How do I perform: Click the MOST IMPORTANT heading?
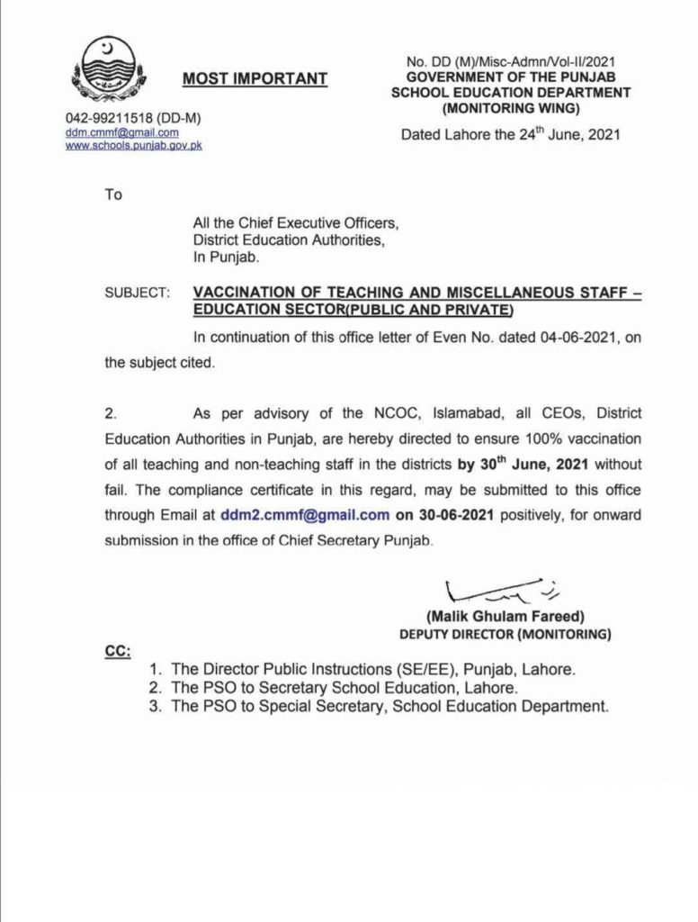click(x=255, y=79)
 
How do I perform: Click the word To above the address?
click(x=113, y=194)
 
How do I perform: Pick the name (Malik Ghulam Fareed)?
click(x=506, y=617)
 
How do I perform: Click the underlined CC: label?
click(x=117, y=650)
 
